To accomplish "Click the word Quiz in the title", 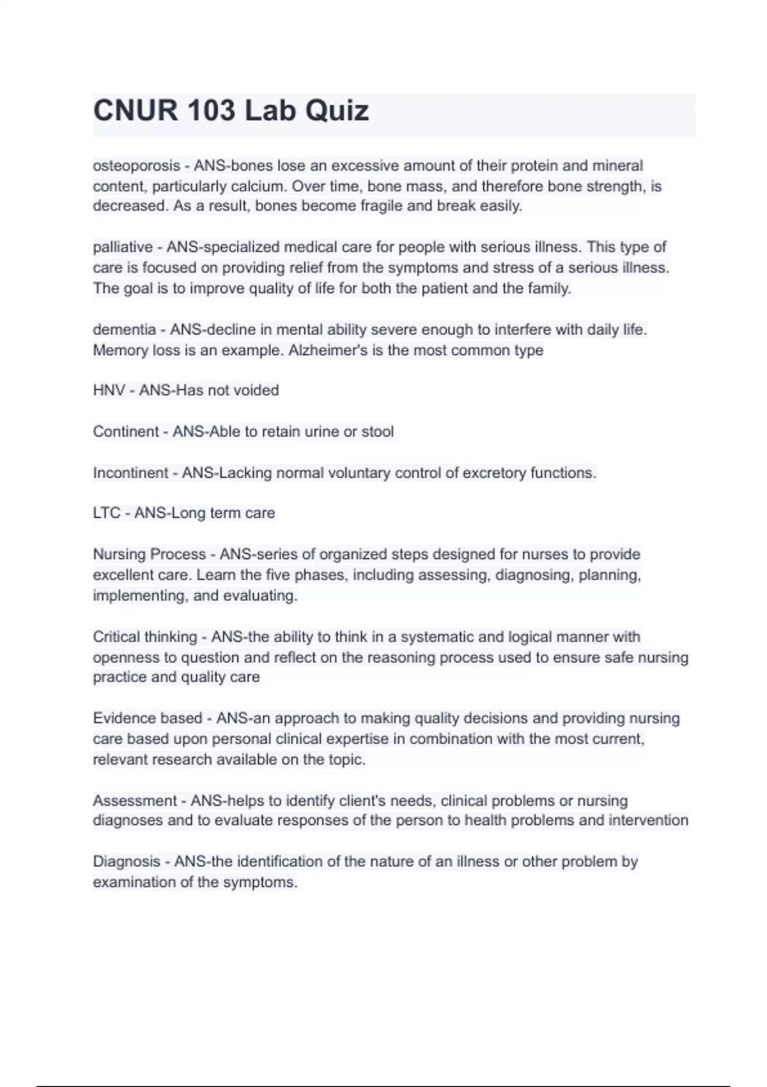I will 336,111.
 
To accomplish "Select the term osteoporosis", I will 136,166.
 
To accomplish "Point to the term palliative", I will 123,247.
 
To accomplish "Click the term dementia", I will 125,330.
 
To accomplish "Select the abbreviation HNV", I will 109,390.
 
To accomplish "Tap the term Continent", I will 126,432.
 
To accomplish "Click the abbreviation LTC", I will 107,513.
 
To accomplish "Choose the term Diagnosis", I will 127,861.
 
